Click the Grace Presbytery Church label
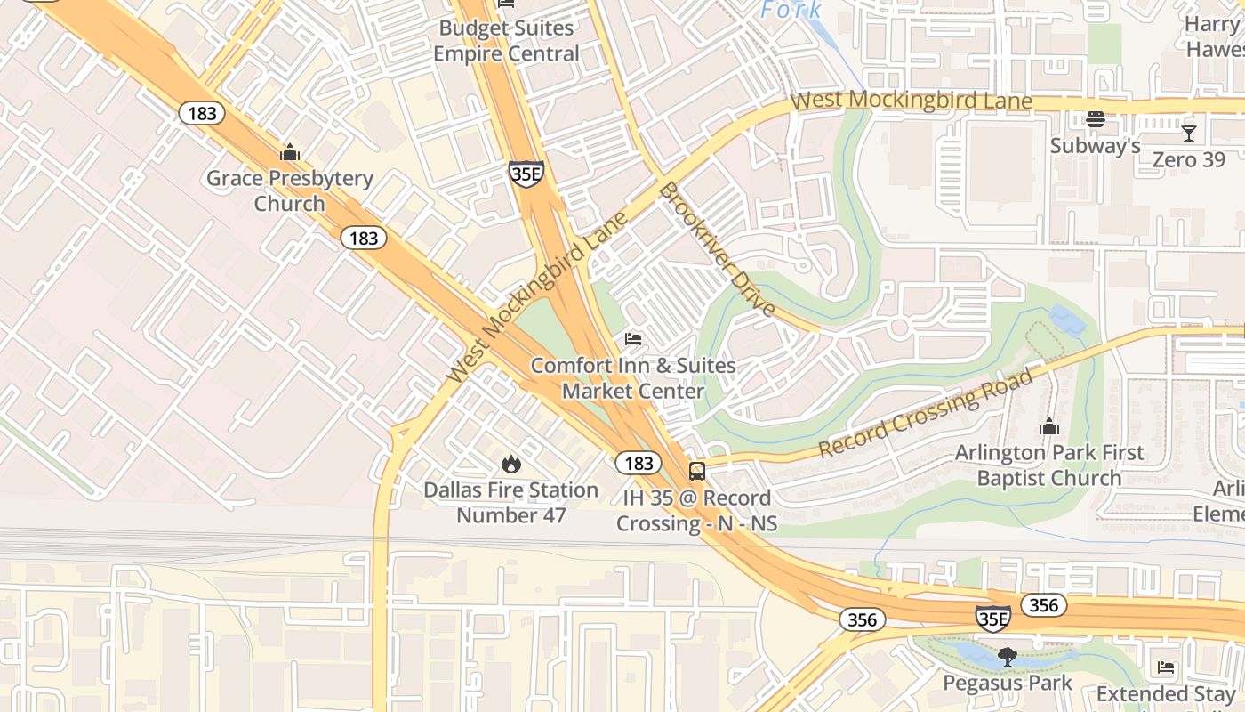[x=290, y=190]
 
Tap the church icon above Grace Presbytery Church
[x=290, y=152]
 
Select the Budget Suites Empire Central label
[x=506, y=41]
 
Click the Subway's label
[x=1095, y=146]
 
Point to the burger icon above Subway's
[x=1096, y=119]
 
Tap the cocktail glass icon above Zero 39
[x=1188, y=133]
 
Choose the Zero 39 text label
[x=1188, y=159]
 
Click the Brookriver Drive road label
[x=717, y=249]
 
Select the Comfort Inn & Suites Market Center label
[x=633, y=378]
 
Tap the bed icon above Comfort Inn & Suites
[x=633, y=339]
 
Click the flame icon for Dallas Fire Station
[x=510, y=464]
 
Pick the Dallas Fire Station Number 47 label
[x=510, y=503]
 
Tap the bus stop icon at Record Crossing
[x=697, y=472]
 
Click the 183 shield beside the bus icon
[x=638, y=463]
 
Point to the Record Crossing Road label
[x=926, y=413]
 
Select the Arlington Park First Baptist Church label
[x=1049, y=465]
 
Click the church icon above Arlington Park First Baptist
[x=1049, y=427]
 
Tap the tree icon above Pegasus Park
[x=1007, y=658]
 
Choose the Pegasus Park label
[x=1007, y=684]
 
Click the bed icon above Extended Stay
[x=1166, y=667]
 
